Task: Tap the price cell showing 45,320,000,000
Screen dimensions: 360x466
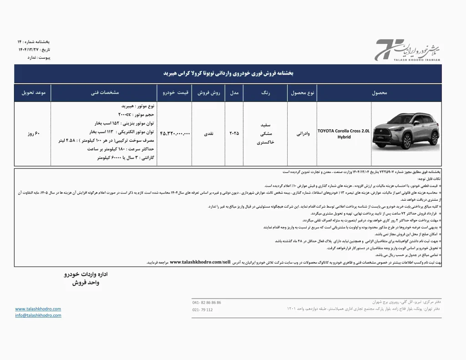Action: pyautogui.click(x=175, y=133)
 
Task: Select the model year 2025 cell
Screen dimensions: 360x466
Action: pyautogui.click(x=233, y=133)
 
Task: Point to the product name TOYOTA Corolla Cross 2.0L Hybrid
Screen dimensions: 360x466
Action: pyautogui.click(x=344, y=133)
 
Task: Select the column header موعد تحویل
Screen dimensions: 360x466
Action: pyautogui.click(x=33, y=92)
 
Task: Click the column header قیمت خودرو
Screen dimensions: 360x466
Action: pyautogui.click(x=176, y=92)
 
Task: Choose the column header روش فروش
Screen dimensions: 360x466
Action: pyautogui.click(x=209, y=92)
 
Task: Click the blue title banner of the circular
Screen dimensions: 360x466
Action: pyautogui.click(x=233, y=73)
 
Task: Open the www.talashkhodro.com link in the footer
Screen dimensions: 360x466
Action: pyautogui.click(x=38, y=309)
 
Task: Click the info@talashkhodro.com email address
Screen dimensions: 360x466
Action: pyautogui.click(x=38, y=315)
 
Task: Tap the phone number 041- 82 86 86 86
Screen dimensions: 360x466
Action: pyautogui.click(x=207, y=303)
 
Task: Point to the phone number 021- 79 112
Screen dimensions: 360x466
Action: pyautogui.click(x=203, y=310)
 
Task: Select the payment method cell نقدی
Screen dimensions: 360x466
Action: pyautogui.click(x=209, y=133)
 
